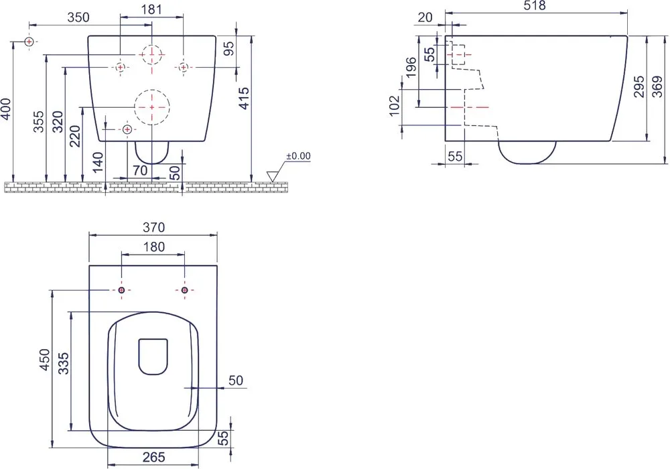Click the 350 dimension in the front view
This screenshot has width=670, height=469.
[78, 17]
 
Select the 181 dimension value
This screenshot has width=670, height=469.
[151, 9]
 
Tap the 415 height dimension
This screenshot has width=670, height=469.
[244, 98]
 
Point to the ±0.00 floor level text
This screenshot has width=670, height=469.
[298, 156]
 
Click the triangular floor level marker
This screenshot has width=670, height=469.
[272, 176]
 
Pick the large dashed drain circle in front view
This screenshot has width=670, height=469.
[152, 107]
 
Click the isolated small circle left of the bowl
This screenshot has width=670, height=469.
[29, 42]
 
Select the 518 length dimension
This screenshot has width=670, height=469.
[535, 5]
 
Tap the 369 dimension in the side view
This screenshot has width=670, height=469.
[658, 86]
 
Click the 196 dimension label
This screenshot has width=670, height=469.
[411, 67]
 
